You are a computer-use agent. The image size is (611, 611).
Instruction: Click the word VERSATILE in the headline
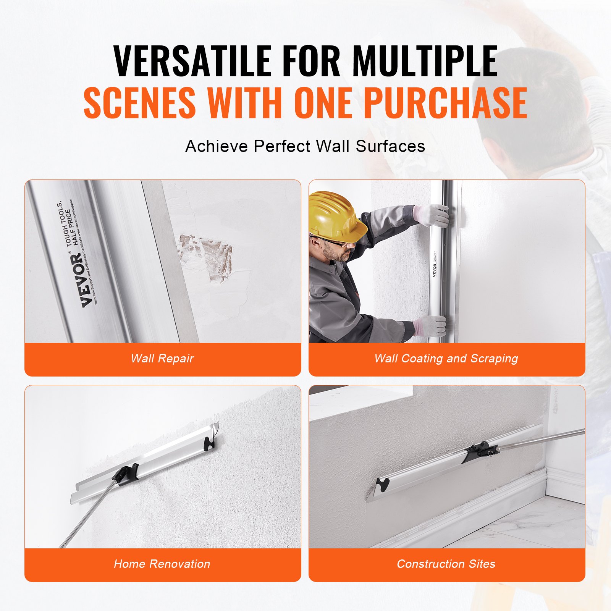coord(192,61)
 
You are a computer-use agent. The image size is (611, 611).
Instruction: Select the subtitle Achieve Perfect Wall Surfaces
coord(305,146)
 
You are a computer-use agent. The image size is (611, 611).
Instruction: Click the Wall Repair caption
coord(162,359)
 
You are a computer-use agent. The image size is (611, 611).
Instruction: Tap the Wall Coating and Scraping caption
coord(446,359)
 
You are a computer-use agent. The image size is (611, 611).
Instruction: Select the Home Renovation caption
coord(162,564)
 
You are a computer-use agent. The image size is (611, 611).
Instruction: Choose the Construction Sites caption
coord(446,564)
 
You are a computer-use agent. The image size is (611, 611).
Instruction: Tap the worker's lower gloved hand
coord(430,326)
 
